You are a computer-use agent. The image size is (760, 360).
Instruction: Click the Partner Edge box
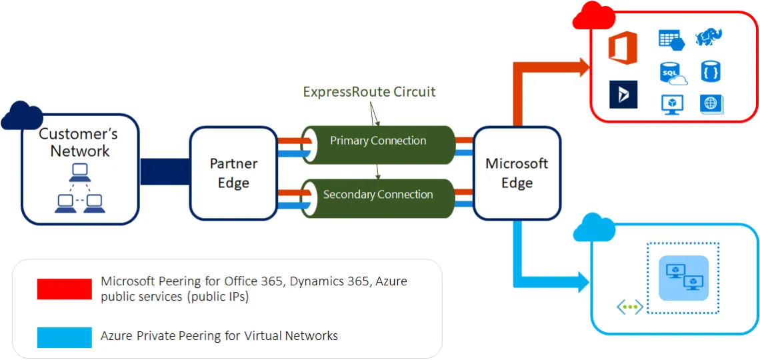[x=233, y=173]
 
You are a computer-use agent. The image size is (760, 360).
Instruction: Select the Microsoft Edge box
[x=517, y=173]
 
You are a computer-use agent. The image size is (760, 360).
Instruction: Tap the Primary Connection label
[x=378, y=141]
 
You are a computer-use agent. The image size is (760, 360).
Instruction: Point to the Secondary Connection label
[x=378, y=195]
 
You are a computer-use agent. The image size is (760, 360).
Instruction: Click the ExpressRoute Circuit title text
[x=369, y=92]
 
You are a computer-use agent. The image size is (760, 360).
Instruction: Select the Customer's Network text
[x=79, y=142]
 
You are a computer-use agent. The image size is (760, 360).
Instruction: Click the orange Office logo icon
[x=623, y=49]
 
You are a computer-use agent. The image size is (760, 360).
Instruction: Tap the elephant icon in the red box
[x=709, y=37]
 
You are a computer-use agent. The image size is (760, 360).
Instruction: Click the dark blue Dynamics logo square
[x=623, y=95]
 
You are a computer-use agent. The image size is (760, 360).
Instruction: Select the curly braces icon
[x=711, y=71]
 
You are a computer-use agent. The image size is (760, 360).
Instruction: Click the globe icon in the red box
[x=711, y=103]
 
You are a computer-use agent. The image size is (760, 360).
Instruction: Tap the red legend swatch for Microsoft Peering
[x=65, y=289]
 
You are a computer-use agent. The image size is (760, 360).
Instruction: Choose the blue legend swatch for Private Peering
[x=65, y=337]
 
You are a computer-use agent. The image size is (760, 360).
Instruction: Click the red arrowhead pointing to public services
[x=584, y=66]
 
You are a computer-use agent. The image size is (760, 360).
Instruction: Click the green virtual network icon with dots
[x=629, y=307]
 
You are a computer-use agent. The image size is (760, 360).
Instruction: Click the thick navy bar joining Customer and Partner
[x=165, y=172]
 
